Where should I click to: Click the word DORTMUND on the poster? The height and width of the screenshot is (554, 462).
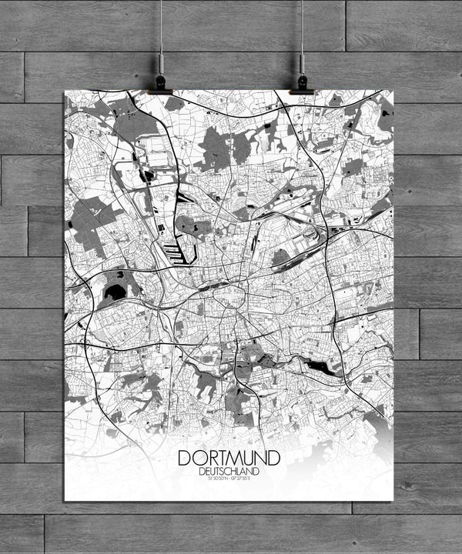point(229,457)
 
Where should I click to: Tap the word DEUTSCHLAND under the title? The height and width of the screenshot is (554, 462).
point(229,471)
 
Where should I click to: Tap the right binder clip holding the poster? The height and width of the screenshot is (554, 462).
point(302,83)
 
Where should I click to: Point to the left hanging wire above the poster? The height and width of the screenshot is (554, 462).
point(162,31)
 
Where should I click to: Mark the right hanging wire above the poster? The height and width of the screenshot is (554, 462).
point(302,31)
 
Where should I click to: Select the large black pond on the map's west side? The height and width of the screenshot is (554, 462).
point(114,292)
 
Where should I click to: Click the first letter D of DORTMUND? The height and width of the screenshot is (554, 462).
point(185,457)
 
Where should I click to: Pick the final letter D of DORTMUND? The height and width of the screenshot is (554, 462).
point(274,457)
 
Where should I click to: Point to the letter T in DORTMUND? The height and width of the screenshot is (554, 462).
point(216,457)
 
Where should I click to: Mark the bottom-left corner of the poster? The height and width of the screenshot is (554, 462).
point(65,501)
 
